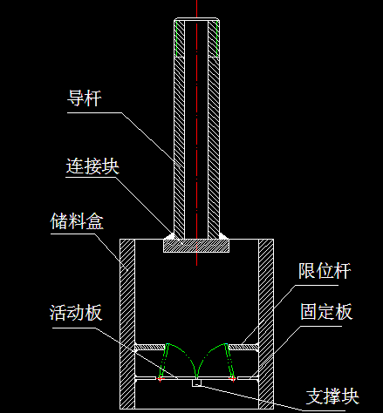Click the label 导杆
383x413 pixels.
(x=85, y=98)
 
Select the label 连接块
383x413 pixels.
(x=92, y=166)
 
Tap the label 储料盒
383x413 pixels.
(x=77, y=221)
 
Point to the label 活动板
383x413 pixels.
(x=76, y=313)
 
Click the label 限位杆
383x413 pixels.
(x=325, y=271)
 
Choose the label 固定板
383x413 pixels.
(x=326, y=312)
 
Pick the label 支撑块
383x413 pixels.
(x=332, y=396)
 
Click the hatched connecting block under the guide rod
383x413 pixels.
(x=196, y=246)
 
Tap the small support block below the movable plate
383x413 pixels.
(x=196, y=383)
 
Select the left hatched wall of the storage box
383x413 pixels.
(x=127, y=324)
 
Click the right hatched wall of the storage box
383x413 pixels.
(x=266, y=324)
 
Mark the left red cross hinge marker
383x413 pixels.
(x=160, y=378)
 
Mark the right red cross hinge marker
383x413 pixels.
(x=233, y=378)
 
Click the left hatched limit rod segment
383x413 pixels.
(x=150, y=347)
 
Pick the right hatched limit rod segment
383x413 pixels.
(x=243, y=347)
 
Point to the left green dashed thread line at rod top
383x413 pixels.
(x=176, y=38)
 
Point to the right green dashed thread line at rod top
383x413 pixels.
(x=217, y=38)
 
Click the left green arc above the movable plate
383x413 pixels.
(x=186, y=352)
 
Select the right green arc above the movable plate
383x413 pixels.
(x=207, y=352)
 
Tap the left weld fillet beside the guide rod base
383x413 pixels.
(x=171, y=236)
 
